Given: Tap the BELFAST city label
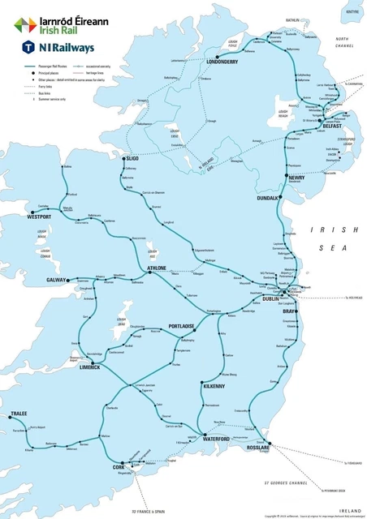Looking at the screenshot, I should pos(332,127).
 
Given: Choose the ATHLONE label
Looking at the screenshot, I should pos(156,268).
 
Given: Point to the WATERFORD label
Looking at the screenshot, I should pos(217,439).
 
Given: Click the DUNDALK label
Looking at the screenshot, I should pos(268,197).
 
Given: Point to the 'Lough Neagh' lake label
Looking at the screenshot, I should pos(283,114).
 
